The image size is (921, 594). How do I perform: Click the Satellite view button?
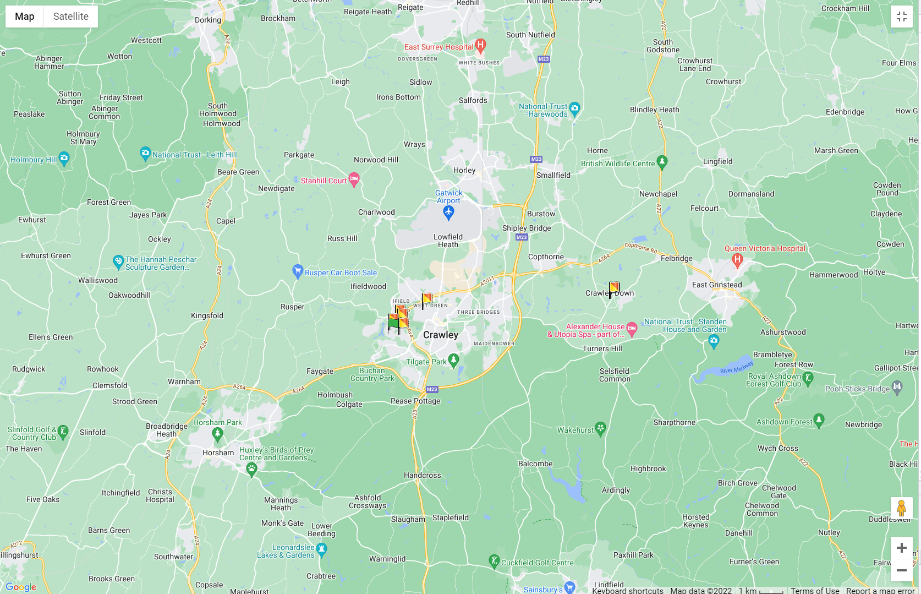70,17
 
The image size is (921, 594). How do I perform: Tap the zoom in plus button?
901,548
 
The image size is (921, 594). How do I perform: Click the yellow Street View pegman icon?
901,508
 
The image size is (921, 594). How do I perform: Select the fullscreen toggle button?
901,17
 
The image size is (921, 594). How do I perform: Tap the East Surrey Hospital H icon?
480,46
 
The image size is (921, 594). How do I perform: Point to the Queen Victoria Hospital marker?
737,260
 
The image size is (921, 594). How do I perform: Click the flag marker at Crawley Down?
613,288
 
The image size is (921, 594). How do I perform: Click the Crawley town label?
440,335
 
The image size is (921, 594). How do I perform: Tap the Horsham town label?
218,453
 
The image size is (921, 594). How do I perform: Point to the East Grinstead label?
717,285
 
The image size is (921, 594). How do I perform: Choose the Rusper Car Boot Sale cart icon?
298,271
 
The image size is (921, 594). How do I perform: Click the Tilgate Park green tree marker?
453,361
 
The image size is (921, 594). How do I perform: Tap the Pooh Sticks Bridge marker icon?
897,388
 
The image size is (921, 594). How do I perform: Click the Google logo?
21,587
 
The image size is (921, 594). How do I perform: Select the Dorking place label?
208,20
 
